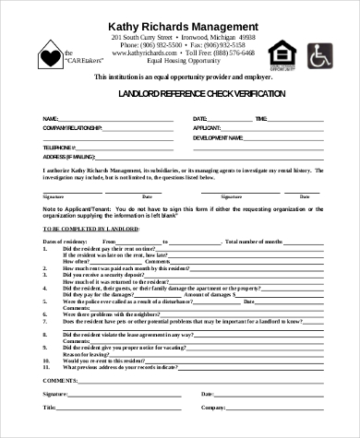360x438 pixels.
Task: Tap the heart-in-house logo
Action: pos(48,54)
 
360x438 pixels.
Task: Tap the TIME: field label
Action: pos(261,119)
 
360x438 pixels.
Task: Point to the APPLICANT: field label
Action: pos(207,127)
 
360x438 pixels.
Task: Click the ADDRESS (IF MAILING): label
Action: pos(68,155)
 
